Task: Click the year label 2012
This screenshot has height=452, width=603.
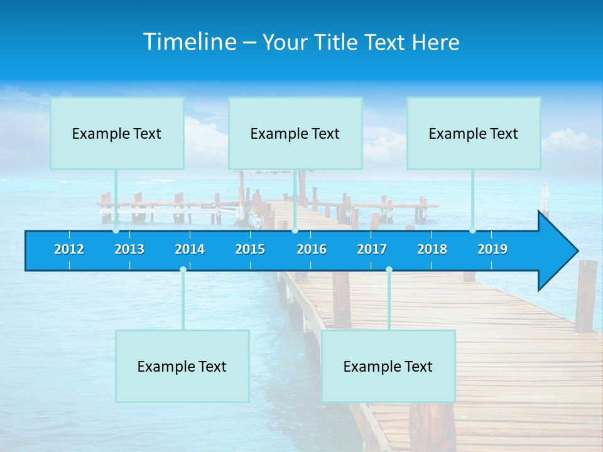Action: click(69, 249)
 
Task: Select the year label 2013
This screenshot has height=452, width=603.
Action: click(129, 249)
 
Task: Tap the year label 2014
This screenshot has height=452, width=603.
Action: click(190, 249)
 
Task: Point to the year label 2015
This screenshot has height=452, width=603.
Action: click(250, 249)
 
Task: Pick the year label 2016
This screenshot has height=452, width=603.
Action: click(312, 249)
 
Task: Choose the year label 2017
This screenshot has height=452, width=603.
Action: click(372, 249)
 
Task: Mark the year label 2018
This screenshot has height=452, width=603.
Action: click(432, 249)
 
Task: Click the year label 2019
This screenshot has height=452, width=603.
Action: click(492, 249)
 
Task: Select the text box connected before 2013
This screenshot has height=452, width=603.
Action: click(117, 133)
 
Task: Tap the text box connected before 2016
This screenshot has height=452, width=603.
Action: click(295, 133)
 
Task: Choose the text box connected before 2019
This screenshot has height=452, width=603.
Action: click(474, 133)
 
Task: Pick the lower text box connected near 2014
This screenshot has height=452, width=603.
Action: click(182, 366)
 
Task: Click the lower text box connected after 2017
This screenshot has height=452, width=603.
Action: click(388, 366)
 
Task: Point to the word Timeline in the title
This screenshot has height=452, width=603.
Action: click(190, 42)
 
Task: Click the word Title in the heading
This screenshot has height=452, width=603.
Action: click(337, 43)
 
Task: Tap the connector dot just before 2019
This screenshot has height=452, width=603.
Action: click(472, 230)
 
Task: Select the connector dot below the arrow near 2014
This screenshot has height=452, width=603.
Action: click(183, 270)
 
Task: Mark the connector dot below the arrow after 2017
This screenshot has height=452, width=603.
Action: click(389, 270)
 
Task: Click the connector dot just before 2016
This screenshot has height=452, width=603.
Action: click(295, 230)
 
